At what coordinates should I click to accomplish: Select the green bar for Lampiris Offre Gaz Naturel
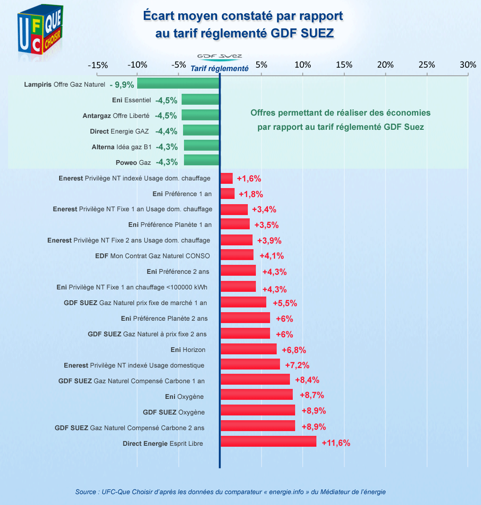(178, 84)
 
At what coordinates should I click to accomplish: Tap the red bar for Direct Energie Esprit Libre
(268, 442)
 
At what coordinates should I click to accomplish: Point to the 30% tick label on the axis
(468, 65)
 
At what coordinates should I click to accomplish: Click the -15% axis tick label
(98, 65)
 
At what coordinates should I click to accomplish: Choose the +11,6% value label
(336, 443)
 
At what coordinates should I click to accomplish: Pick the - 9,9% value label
(122, 85)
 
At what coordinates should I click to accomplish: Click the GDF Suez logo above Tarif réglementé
(219, 57)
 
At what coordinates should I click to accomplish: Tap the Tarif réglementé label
(219, 68)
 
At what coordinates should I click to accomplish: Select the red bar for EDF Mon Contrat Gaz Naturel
(237, 255)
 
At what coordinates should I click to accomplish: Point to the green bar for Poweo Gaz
(202, 160)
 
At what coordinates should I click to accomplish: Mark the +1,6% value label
(249, 179)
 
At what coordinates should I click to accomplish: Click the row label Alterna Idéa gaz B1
(122, 147)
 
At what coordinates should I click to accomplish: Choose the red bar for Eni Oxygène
(256, 395)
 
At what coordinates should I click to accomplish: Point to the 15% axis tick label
(344, 65)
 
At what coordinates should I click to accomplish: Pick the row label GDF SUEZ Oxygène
(174, 412)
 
